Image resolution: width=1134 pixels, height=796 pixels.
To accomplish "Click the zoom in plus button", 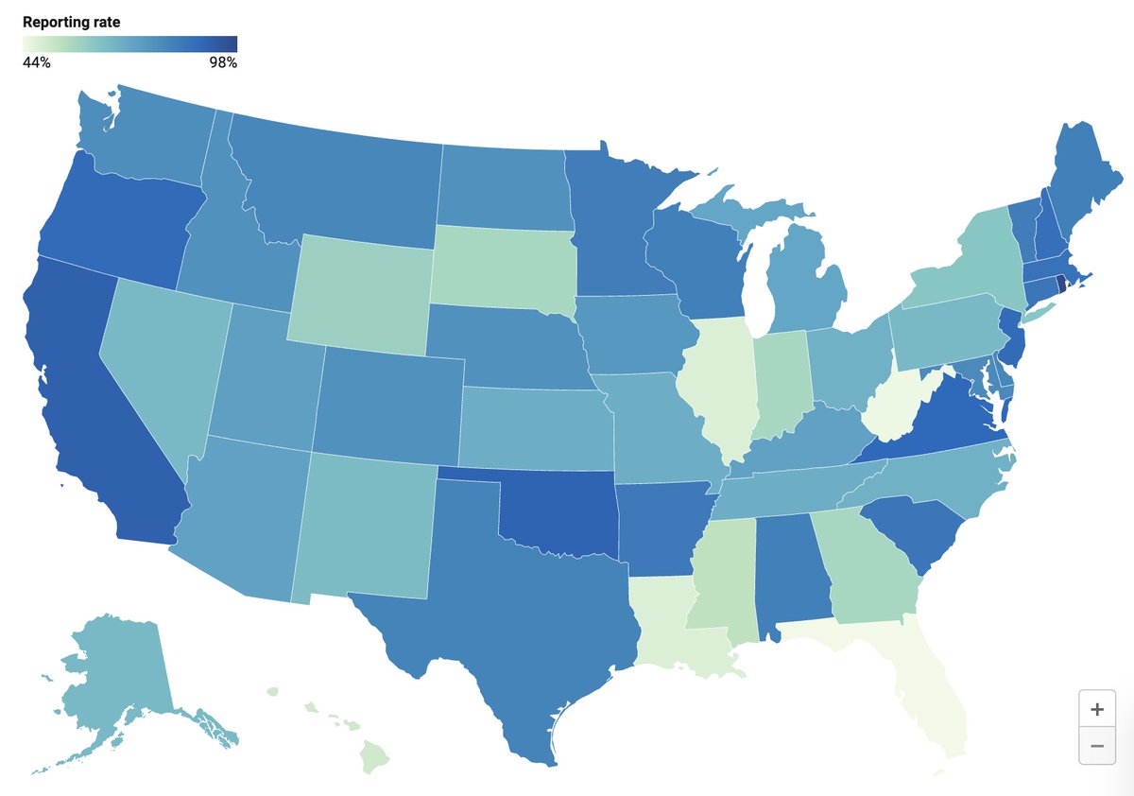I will click(x=1096, y=709).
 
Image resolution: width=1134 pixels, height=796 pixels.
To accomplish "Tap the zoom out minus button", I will click(x=1096, y=746).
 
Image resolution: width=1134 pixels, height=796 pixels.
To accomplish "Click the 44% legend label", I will click(x=37, y=63).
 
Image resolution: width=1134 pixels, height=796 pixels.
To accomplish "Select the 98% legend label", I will click(x=223, y=63).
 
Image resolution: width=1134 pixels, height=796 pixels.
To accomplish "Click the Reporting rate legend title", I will click(x=71, y=21).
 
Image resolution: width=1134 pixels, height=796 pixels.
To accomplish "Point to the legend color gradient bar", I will click(x=129, y=43).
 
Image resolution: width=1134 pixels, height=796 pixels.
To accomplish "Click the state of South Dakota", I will click(x=501, y=260).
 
